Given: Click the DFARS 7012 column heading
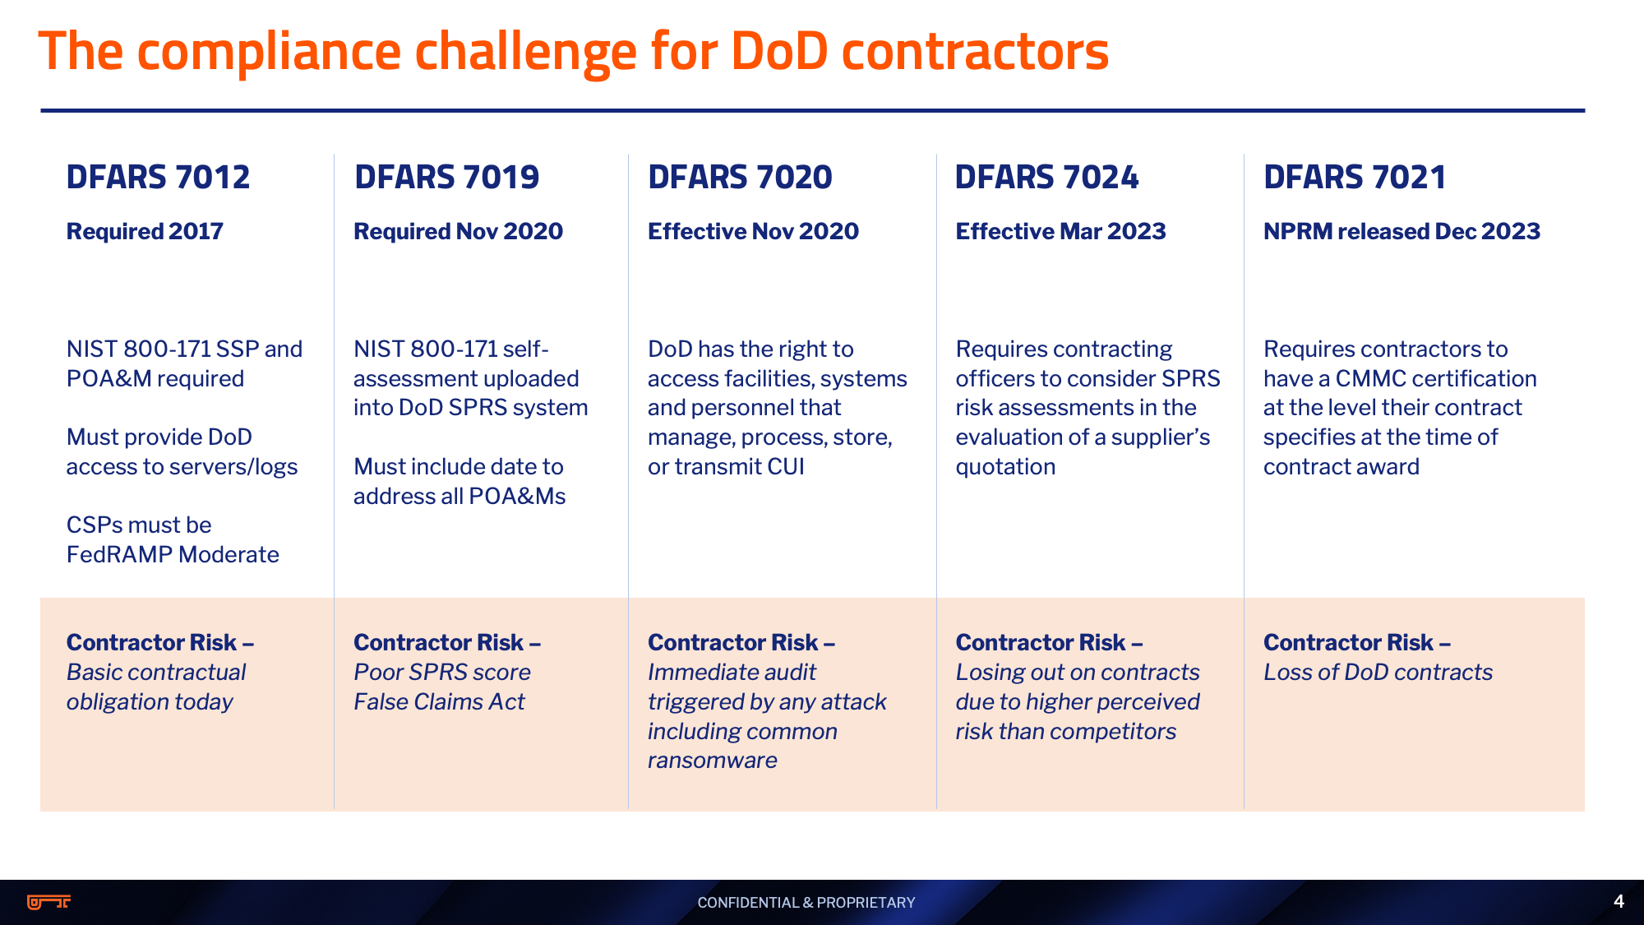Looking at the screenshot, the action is click(x=158, y=178).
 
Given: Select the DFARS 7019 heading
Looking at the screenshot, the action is click(x=446, y=178).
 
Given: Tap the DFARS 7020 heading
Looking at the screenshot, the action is click(x=740, y=178).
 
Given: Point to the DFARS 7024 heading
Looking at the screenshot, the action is click(x=1046, y=178).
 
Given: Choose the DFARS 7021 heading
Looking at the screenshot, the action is click(x=1355, y=178).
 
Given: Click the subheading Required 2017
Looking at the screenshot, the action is click(x=145, y=232).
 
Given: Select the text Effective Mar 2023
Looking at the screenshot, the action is click(x=1060, y=232).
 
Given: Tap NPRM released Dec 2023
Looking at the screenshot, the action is click(x=1402, y=232).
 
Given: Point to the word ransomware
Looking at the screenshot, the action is click(x=712, y=761).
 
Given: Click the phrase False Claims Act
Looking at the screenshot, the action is click(x=439, y=702).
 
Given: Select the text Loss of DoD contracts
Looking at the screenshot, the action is click(x=1378, y=673).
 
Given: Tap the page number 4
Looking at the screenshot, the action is click(x=1619, y=901).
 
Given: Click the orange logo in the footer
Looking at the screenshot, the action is click(x=49, y=902).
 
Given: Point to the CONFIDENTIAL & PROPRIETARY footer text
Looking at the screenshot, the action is click(x=806, y=903).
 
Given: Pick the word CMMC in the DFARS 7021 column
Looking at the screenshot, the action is click(x=1370, y=379).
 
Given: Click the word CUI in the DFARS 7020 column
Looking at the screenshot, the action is click(x=786, y=467).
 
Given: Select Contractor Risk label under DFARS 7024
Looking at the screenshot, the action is click(x=1049, y=643).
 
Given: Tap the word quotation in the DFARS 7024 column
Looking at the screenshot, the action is click(x=1005, y=467).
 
